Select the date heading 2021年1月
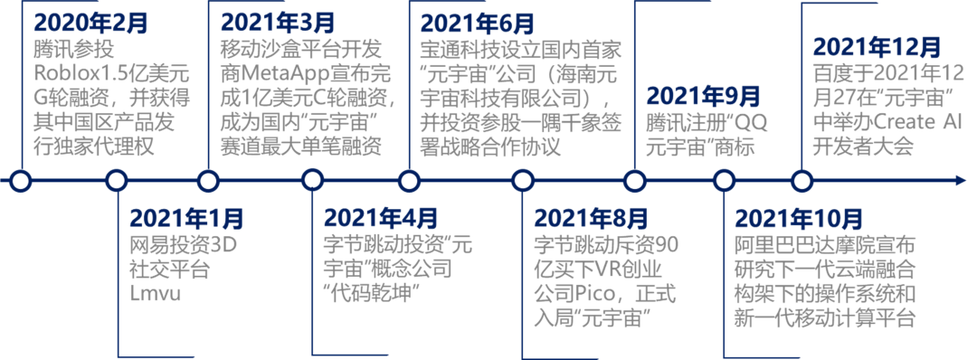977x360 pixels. tap(186, 218)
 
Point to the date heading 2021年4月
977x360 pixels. tap(381, 218)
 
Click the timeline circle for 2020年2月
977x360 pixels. tap(22, 181)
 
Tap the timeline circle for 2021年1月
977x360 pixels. tap(117, 181)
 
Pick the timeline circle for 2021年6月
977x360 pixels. tap(415, 181)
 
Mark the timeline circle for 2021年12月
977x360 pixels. tap(801, 181)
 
